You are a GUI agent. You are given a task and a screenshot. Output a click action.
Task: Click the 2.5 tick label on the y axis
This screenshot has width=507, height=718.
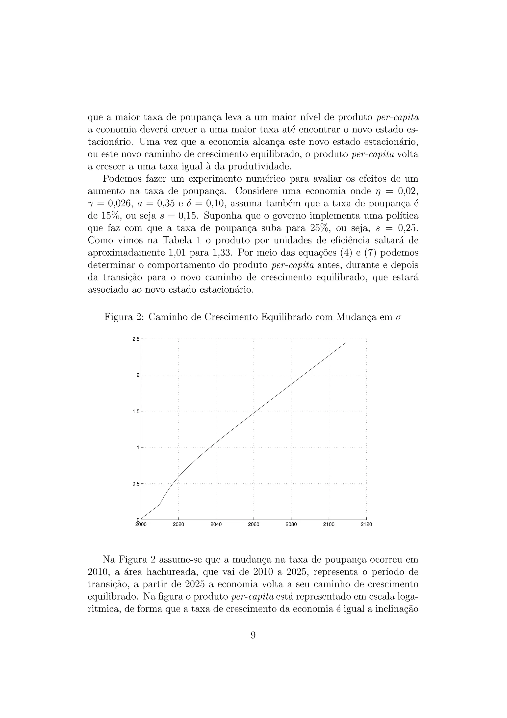[x=136, y=339]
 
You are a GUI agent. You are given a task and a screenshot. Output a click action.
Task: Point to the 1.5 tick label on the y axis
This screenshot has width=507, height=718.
[x=136, y=412]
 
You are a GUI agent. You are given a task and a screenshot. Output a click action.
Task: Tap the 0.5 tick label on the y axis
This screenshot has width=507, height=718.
[x=136, y=484]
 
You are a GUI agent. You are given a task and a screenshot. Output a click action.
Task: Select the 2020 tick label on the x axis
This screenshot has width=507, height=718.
[x=178, y=525]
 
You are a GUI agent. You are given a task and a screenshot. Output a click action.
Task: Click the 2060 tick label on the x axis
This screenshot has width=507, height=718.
[x=253, y=525]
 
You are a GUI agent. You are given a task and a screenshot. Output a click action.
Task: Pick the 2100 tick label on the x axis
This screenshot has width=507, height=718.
[x=329, y=525]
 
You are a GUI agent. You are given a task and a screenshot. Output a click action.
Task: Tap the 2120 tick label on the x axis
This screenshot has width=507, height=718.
[x=366, y=525]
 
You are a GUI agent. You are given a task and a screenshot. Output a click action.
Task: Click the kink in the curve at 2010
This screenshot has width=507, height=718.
[x=160, y=504]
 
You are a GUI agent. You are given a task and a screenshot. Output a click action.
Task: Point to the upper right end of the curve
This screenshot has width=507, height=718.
[x=346, y=343]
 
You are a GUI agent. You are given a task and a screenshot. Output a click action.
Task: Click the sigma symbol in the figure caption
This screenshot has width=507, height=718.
[x=398, y=318]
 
